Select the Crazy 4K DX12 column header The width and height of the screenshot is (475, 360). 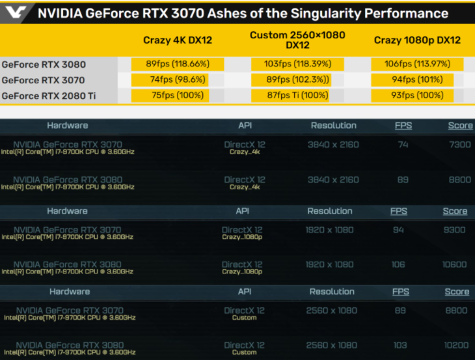click(x=178, y=40)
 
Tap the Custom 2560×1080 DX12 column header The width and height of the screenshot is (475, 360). click(x=297, y=40)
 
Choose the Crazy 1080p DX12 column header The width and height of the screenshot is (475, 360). click(x=417, y=40)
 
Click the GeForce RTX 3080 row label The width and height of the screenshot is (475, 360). click(x=44, y=64)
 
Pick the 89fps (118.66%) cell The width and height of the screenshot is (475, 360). click(x=178, y=64)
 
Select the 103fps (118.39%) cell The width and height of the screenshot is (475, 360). click(x=298, y=64)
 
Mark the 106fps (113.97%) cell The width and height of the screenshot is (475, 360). click(x=417, y=64)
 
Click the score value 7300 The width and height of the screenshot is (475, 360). click(x=459, y=145)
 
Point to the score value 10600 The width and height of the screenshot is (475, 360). click(x=455, y=265)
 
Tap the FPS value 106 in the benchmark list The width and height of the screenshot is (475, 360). click(x=398, y=265)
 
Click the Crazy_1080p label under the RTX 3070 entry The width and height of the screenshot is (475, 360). click(x=242, y=238)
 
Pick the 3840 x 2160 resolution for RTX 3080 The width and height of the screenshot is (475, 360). click(x=333, y=180)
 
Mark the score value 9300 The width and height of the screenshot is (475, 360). click(x=455, y=230)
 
